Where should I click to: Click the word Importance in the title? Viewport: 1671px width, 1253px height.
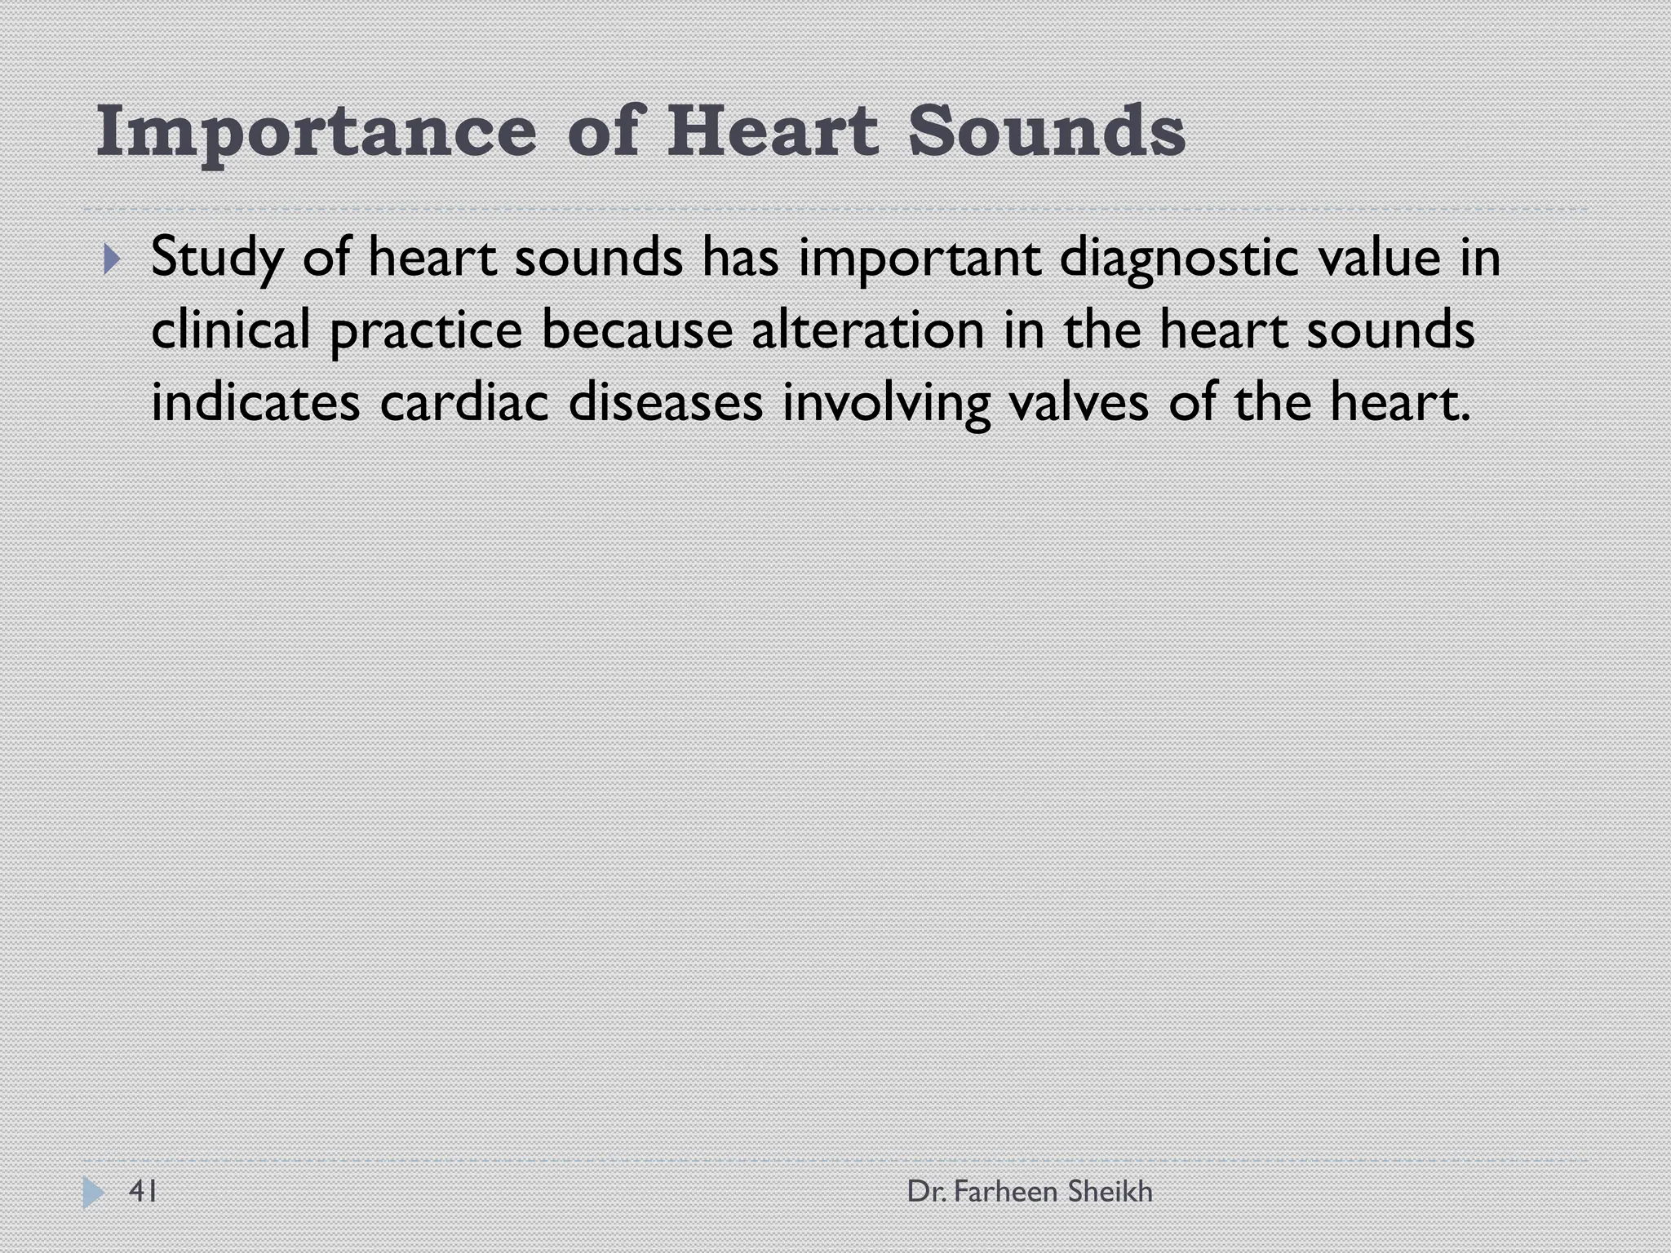(317, 132)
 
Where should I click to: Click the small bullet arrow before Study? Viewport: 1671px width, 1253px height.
(112, 261)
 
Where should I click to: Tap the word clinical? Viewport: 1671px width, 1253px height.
(230, 330)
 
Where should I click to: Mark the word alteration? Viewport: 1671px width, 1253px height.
(867, 330)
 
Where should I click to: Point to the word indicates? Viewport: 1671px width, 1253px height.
(255, 403)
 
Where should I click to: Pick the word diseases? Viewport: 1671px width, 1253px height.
(665, 403)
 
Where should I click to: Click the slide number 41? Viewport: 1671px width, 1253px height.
(144, 1192)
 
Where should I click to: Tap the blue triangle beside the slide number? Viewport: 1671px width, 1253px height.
(93, 1193)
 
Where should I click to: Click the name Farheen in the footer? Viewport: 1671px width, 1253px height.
(1005, 1192)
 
